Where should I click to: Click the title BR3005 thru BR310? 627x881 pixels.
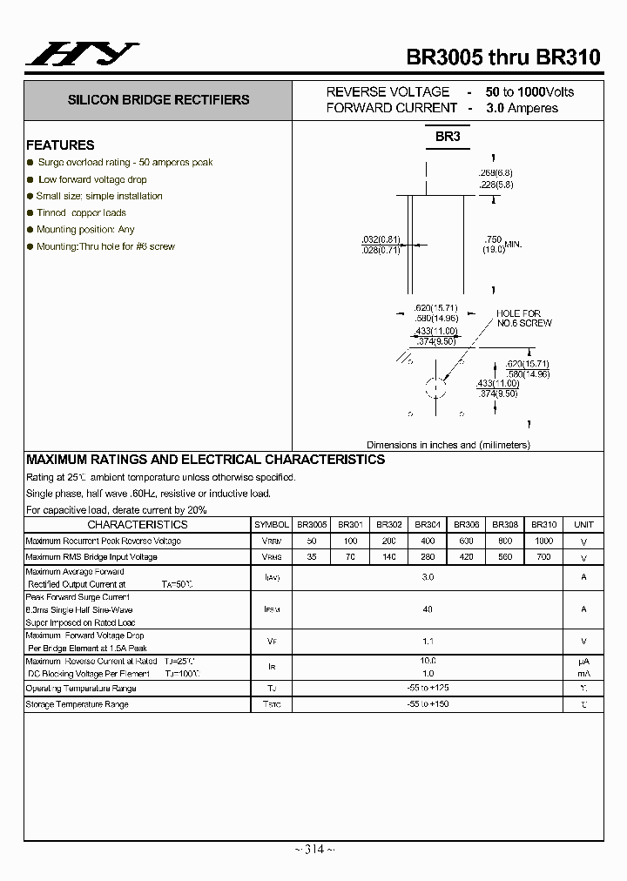coord(503,57)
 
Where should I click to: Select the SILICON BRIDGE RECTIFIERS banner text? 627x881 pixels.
coord(158,100)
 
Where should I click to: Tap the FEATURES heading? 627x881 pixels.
coord(60,145)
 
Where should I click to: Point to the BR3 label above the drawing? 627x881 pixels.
coord(448,137)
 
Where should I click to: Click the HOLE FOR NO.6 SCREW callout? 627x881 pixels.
coord(523,319)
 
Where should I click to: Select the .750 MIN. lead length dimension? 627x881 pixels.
coord(502,245)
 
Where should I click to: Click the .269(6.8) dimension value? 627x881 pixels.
coord(496,172)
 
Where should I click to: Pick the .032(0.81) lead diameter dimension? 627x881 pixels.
coord(381,239)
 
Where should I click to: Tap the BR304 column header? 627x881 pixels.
coord(428,525)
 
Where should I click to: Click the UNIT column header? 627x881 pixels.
coord(583,525)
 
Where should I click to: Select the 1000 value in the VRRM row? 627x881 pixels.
coord(543,541)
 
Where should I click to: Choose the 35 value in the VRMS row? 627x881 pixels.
coord(312,556)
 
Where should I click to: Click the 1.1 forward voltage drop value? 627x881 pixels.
coord(428,641)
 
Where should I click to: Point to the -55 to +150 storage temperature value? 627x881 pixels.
coord(428,703)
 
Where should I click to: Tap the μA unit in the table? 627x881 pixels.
coord(583,662)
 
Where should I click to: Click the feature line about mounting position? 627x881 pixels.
coord(85,230)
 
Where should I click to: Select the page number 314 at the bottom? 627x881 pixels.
coord(313,850)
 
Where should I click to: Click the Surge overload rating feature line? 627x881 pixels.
coord(125,163)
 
